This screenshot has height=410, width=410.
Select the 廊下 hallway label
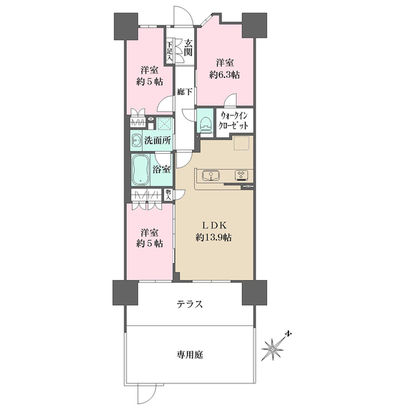pos(184,92)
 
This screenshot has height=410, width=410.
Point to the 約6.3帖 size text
pos(223,74)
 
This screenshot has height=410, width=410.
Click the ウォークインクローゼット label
pos(237,121)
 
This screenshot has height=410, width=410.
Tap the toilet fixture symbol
pos(205,124)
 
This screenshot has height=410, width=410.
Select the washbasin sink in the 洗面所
pos(137,141)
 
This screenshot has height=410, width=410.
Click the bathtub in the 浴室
pos(141,169)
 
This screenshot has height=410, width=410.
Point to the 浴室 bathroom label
pos(163,169)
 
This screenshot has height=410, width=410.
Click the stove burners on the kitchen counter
pos(242,174)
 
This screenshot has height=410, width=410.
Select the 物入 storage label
pos(168,194)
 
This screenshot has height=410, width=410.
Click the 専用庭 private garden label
pos(191,355)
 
